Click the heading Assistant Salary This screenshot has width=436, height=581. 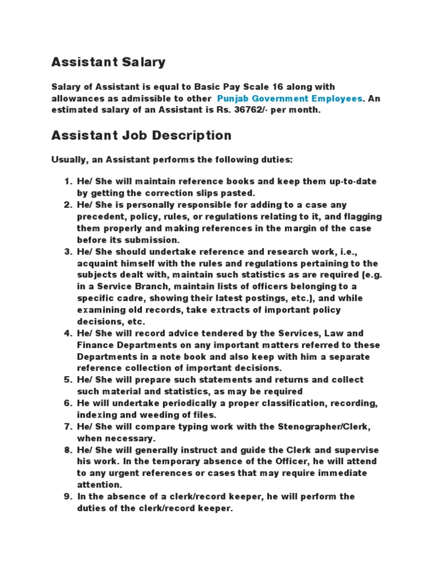[108, 62]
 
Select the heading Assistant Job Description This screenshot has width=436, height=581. [141, 136]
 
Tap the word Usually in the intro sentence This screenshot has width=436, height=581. [68, 160]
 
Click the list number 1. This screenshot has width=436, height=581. [67, 182]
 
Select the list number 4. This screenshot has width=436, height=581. [67, 333]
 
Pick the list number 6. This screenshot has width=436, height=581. [67, 403]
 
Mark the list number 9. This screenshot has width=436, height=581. [67, 496]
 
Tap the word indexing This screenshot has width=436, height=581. [95, 415]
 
